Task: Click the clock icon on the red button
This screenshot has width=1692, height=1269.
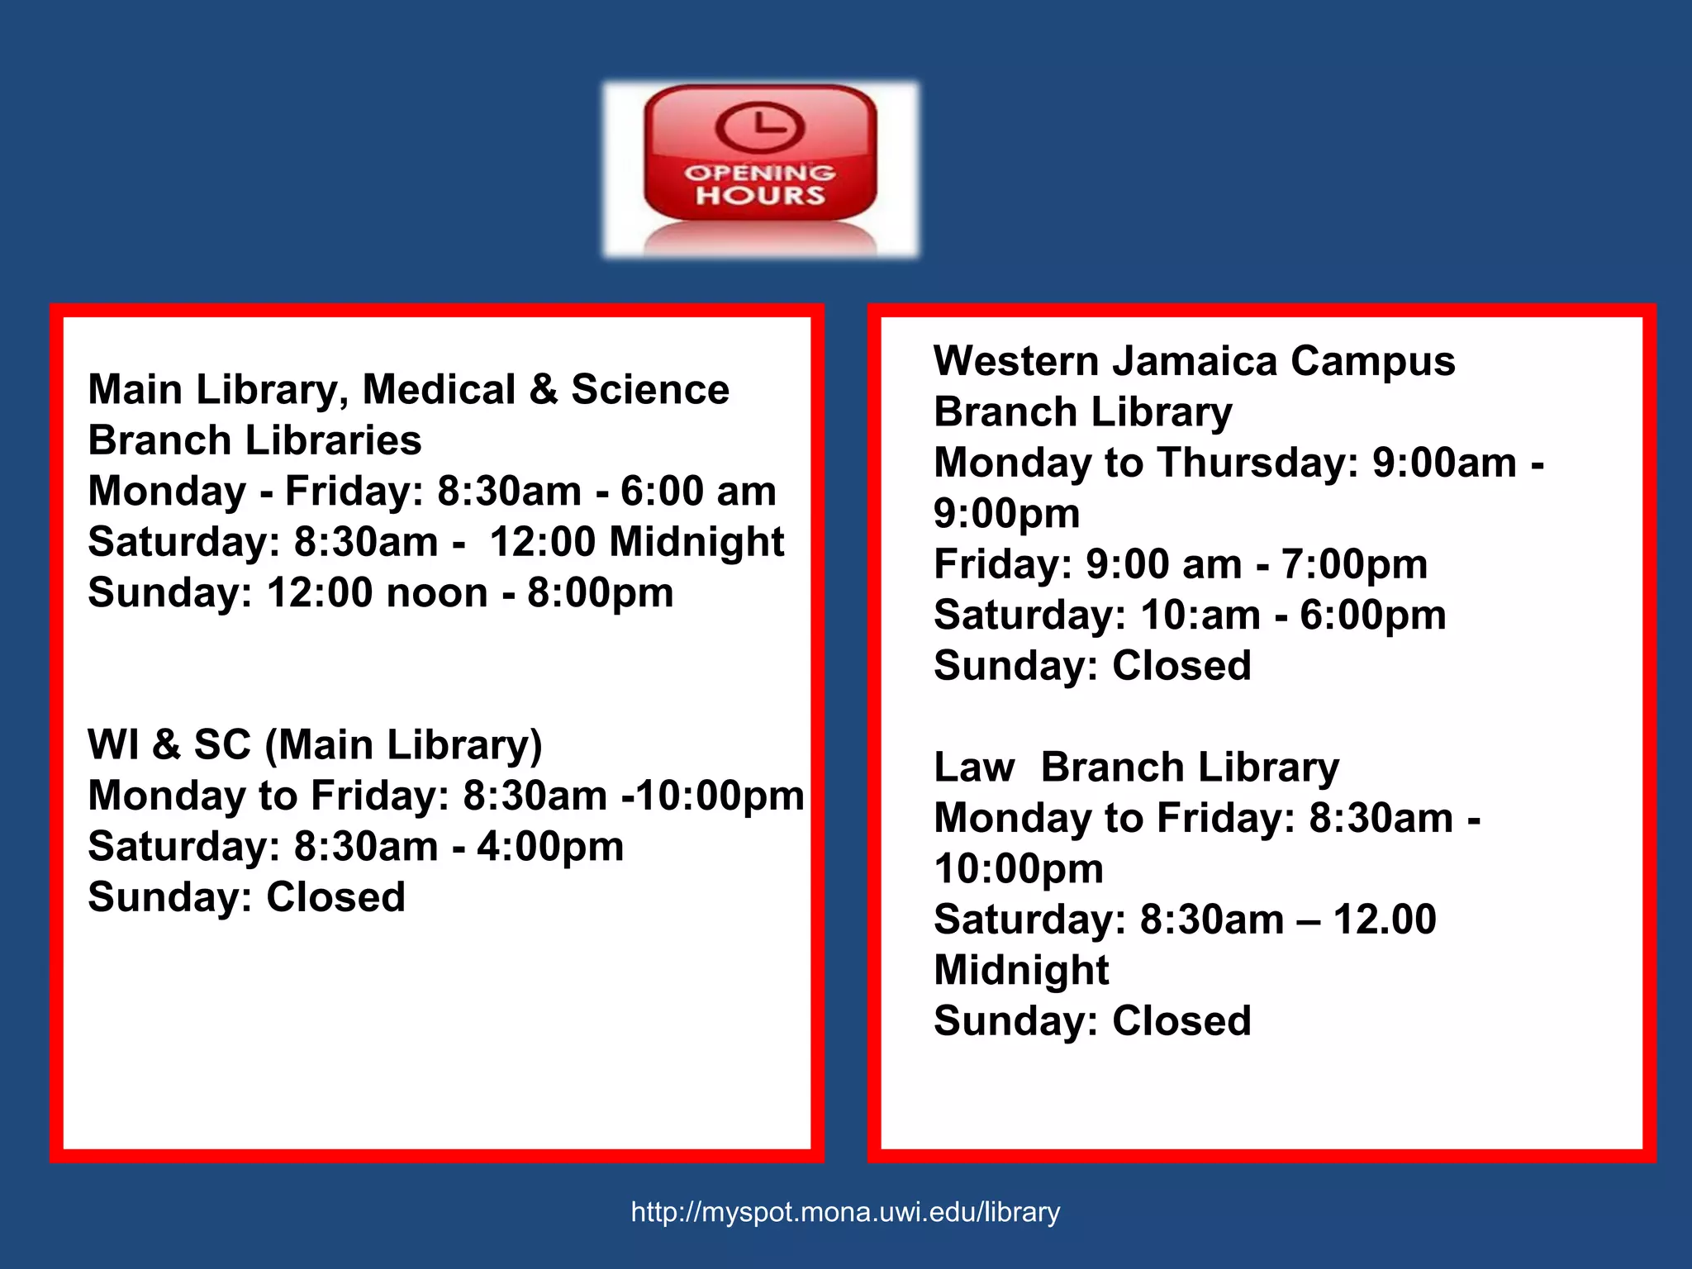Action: [x=759, y=127]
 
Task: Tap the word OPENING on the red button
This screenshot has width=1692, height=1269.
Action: [x=759, y=173]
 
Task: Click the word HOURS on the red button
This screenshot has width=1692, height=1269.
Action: [x=760, y=196]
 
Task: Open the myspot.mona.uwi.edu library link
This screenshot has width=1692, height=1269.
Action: [x=845, y=1212]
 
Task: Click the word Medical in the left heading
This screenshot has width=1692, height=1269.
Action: [x=439, y=390]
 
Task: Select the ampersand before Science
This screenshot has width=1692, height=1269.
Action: [x=544, y=389]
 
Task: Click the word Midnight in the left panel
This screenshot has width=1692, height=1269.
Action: [x=696, y=543]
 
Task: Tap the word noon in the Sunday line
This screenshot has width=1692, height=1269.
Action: [x=437, y=593]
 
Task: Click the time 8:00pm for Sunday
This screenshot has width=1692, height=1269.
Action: [x=601, y=593]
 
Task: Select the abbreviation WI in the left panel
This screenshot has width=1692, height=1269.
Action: [x=113, y=744]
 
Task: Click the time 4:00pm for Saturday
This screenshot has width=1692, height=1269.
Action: [x=550, y=847]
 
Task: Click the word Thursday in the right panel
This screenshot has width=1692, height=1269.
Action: [x=1257, y=463]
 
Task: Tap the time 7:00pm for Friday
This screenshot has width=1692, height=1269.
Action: [x=1354, y=565]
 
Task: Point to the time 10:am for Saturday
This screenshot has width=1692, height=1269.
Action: [x=1200, y=615]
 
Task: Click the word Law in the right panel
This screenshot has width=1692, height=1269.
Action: [x=974, y=768]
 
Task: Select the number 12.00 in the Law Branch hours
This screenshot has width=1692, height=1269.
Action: [x=1385, y=920]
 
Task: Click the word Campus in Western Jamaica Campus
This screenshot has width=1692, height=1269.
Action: [x=1372, y=362]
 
